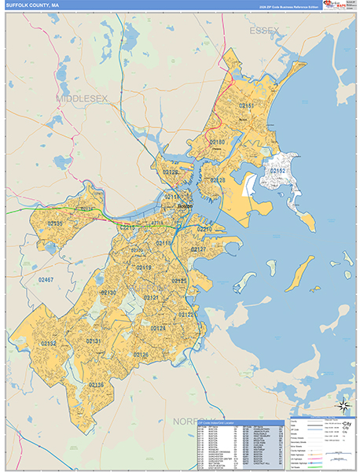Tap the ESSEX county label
(264, 31)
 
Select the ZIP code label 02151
(246, 105)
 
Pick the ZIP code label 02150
(217, 142)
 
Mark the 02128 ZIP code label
(218, 181)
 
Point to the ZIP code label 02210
(204, 229)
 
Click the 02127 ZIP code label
(198, 249)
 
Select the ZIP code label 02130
(108, 293)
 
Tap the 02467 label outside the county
(46, 279)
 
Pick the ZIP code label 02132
(49, 344)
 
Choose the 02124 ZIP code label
(158, 327)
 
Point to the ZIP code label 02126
(141, 355)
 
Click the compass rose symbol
(343, 407)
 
